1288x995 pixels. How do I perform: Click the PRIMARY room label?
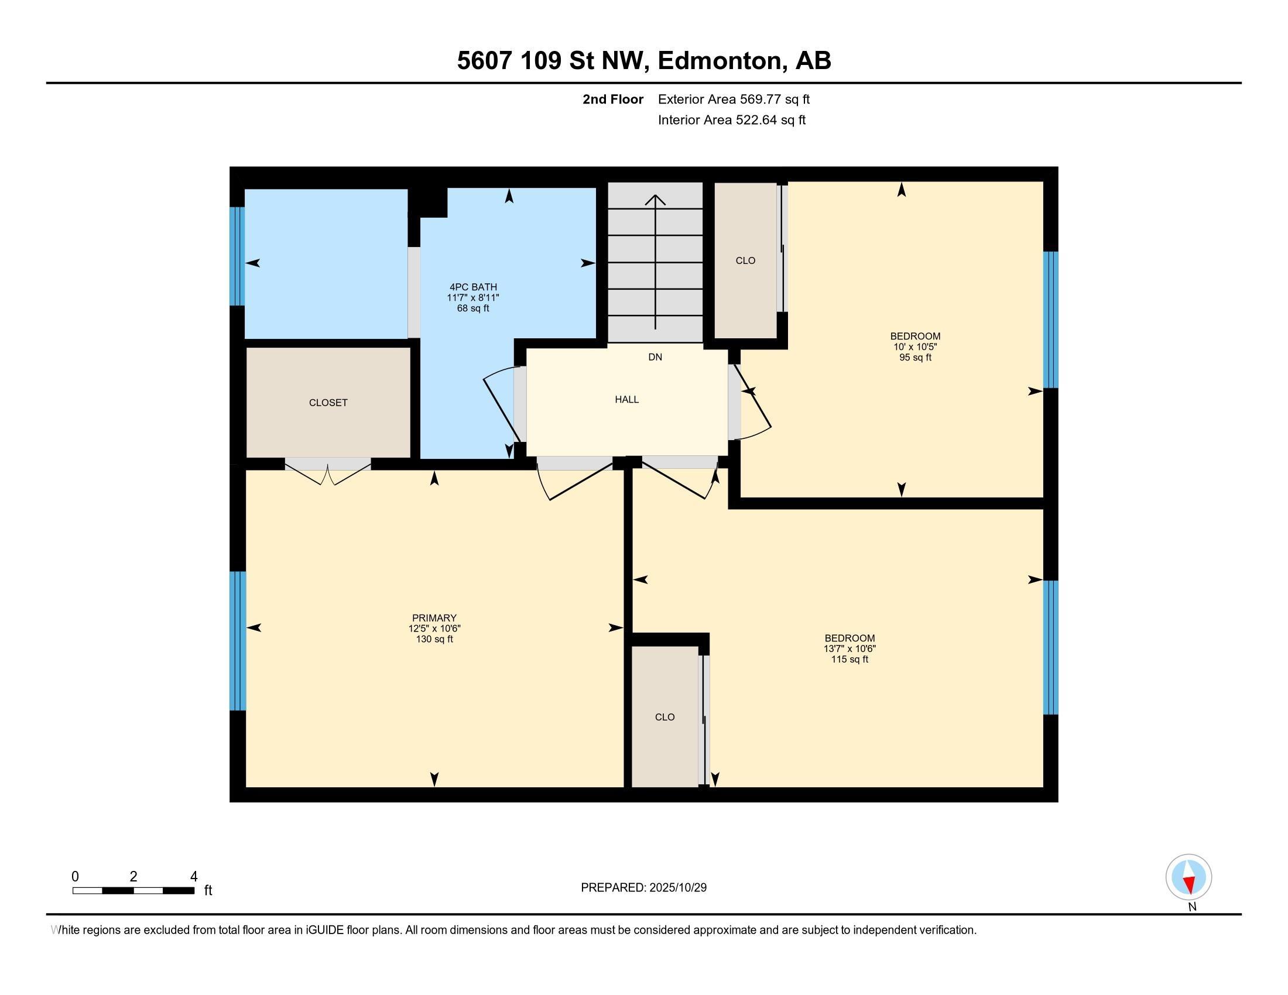click(434, 617)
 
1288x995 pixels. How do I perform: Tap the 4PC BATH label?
click(473, 287)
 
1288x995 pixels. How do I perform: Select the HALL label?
click(626, 399)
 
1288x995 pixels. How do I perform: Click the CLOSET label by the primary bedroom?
click(328, 403)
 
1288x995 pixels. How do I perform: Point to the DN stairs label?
click(655, 356)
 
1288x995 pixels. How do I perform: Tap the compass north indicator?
click(1188, 877)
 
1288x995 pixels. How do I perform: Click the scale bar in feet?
click(133, 890)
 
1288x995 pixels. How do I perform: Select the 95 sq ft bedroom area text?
click(914, 357)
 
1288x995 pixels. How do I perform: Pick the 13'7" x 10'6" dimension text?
click(849, 649)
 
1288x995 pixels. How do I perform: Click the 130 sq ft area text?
click(434, 639)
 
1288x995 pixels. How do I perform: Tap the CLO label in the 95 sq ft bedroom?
click(745, 260)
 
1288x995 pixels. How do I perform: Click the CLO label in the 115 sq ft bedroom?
click(664, 717)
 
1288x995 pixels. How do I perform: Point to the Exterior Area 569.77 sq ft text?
click(734, 99)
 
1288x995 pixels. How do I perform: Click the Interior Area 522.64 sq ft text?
click(731, 119)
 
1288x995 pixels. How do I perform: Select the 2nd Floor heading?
click(612, 99)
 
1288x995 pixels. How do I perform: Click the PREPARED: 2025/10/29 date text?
click(643, 887)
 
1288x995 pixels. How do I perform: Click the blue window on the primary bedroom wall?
click(237, 641)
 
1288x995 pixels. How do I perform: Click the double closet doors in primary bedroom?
click(328, 471)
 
